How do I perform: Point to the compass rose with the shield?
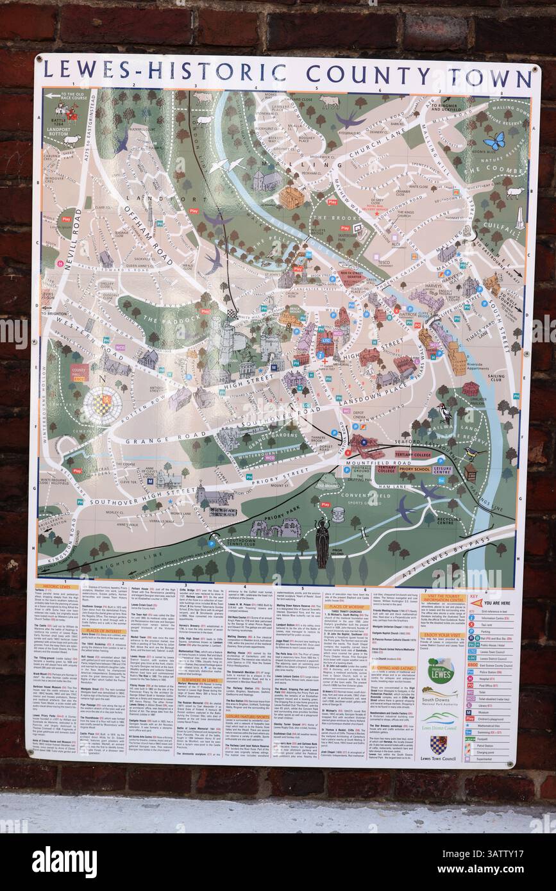tap(103, 403)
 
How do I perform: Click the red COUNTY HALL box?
tap(80, 372)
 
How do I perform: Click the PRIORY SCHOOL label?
tap(415, 469)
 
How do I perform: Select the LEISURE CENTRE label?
tap(442, 469)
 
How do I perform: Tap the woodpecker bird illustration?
tap(444, 412)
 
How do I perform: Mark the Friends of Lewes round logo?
tap(441, 670)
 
